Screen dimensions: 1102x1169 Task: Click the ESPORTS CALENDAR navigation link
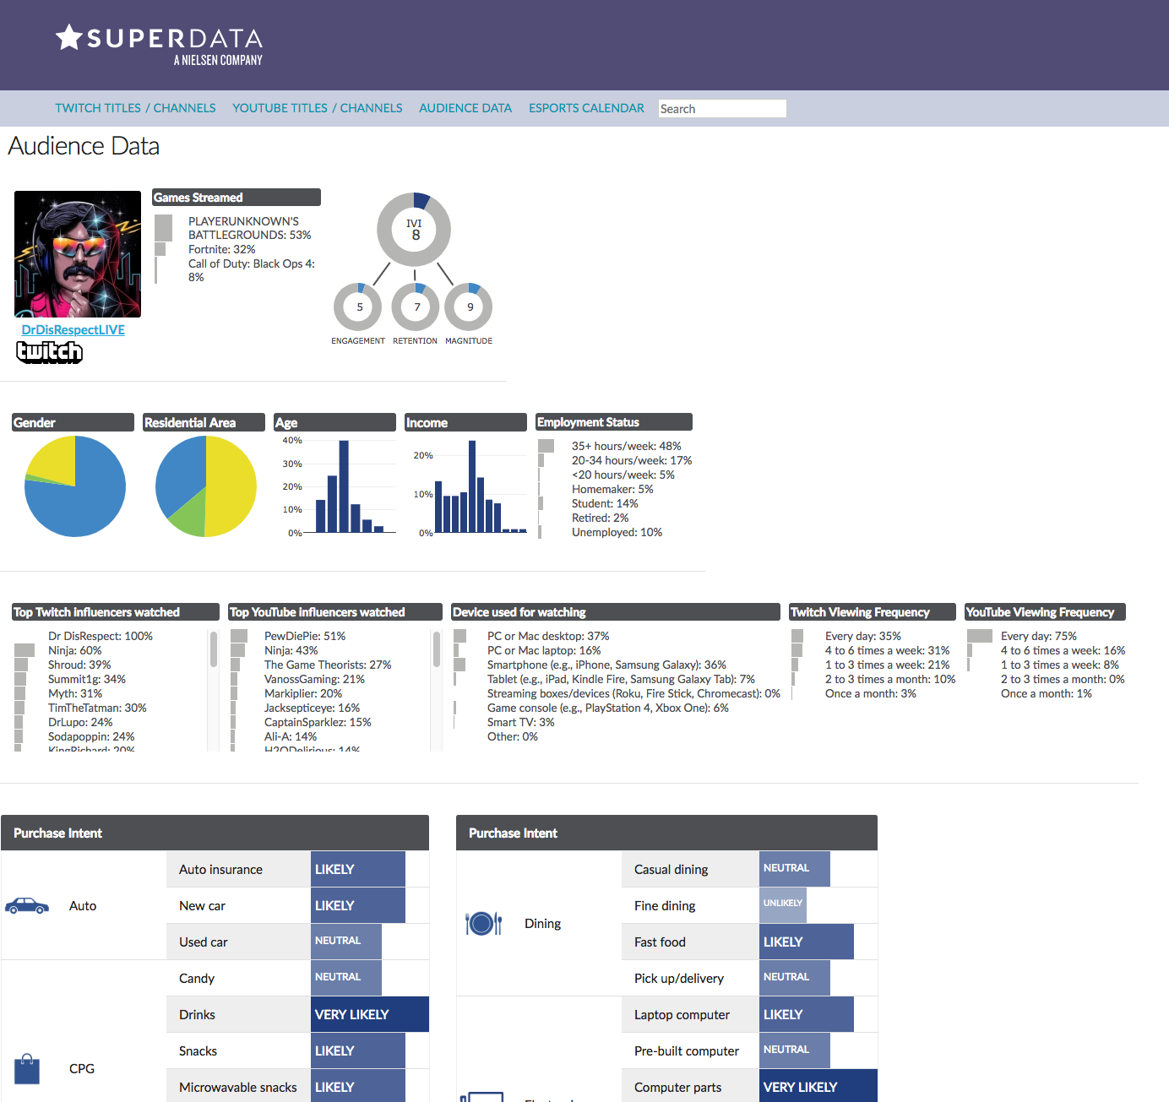click(586, 108)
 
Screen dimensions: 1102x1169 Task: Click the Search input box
click(722, 109)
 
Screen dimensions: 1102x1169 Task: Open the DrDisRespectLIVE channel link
click(73, 330)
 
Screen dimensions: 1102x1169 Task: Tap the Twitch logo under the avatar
click(50, 351)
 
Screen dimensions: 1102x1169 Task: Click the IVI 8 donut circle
click(414, 230)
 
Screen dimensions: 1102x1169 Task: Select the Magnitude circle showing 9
click(469, 307)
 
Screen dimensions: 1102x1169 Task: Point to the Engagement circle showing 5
click(358, 307)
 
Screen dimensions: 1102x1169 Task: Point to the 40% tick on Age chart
click(292, 441)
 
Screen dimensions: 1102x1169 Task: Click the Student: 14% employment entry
click(605, 503)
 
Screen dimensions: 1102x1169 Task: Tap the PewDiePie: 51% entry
click(305, 636)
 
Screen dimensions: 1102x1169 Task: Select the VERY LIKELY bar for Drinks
click(369, 1014)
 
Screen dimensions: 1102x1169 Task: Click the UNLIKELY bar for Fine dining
click(782, 904)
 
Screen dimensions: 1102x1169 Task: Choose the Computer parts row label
click(677, 1087)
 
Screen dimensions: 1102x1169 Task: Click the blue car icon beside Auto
click(27, 906)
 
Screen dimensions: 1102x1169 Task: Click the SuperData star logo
click(68, 37)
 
